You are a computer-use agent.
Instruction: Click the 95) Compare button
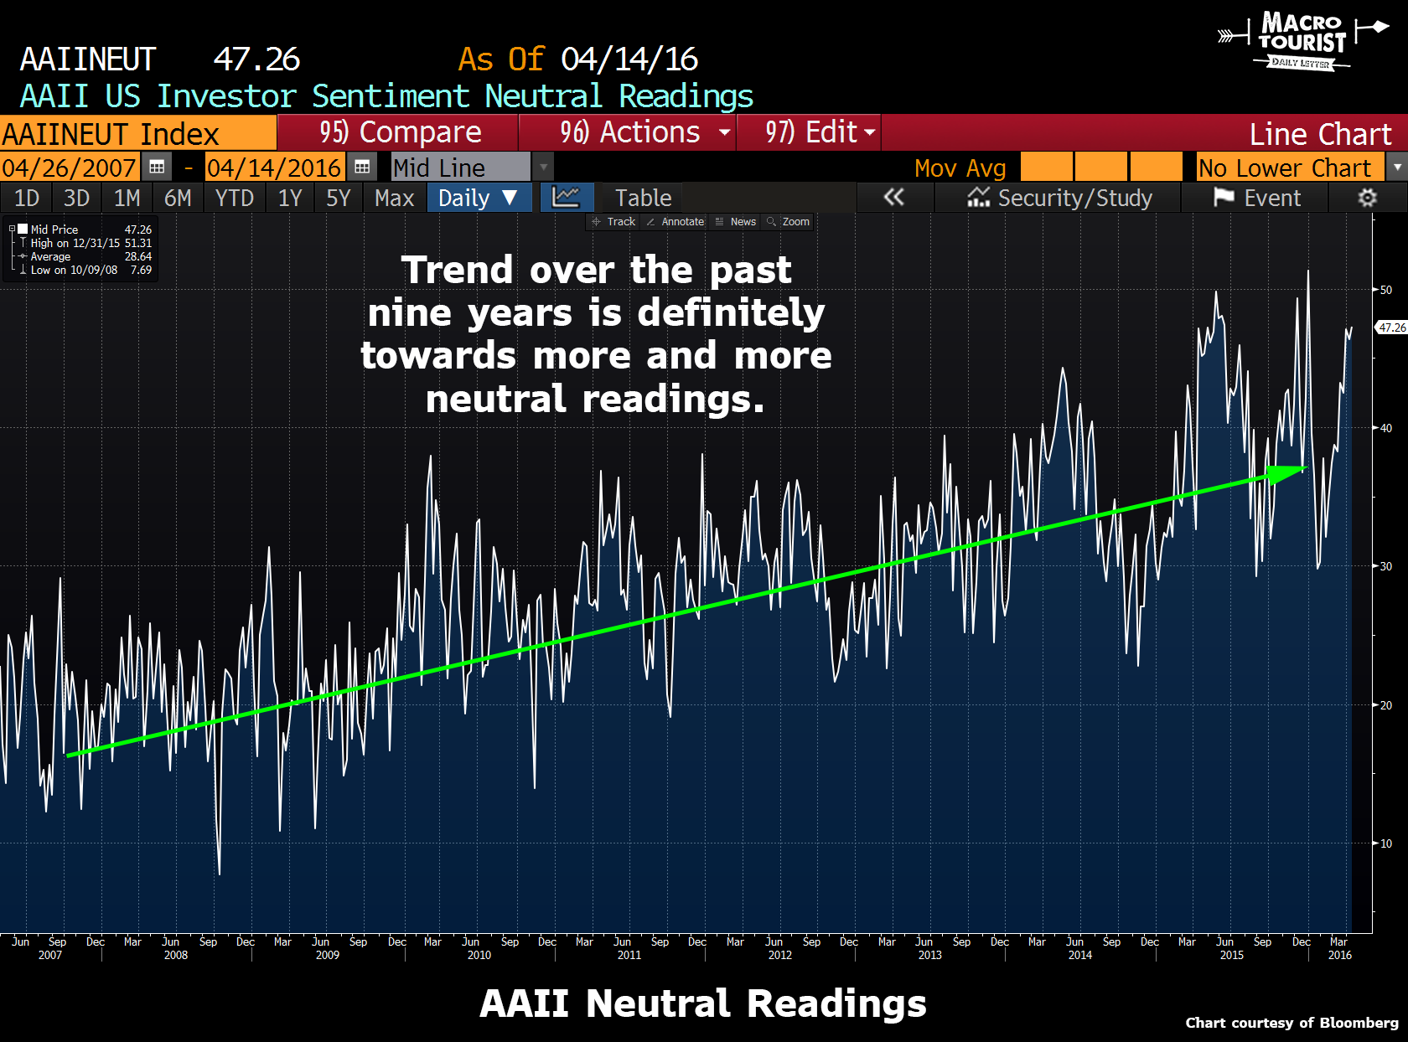(x=399, y=132)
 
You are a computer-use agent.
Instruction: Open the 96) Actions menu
(x=629, y=132)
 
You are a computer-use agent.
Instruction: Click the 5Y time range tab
(x=338, y=199)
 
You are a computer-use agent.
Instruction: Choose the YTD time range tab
(x=234, y=199)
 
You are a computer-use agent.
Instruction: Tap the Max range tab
(x=394, y=199)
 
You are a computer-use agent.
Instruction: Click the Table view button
(x=643, y=199)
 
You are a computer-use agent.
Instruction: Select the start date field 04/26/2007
(x=69, y=168)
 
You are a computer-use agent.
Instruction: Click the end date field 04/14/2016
(x=274, y=168)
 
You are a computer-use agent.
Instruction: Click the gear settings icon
(x=1367, y=199)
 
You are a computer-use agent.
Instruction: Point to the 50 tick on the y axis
(x=1386, y=290)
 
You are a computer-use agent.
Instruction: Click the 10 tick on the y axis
(x=1386, y=843)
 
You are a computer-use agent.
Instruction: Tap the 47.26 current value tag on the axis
(x=1392, y=328)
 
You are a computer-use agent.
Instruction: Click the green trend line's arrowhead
(x=1286, y=473)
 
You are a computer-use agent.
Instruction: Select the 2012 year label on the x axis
(x=779, y=955)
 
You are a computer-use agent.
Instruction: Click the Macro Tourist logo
(x=1302, y=40)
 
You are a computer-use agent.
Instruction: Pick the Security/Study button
(x=1060, y=199)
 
